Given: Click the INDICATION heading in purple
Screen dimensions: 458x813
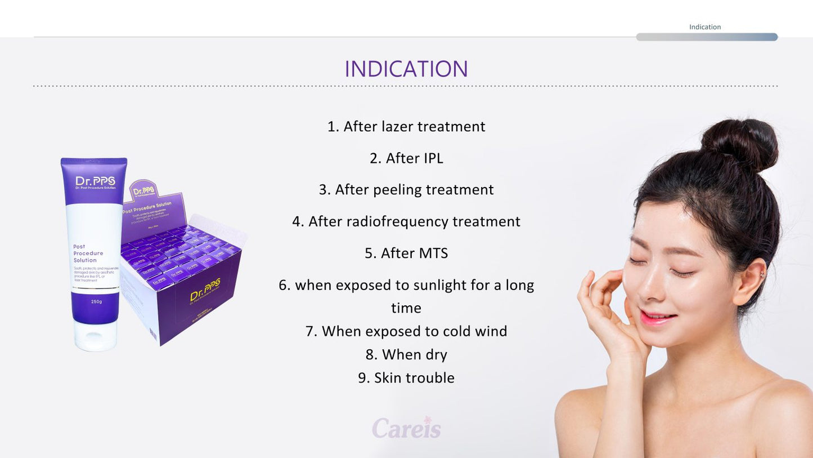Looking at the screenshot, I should click(406, 69).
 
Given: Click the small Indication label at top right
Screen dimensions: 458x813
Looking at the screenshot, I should click(704, 27).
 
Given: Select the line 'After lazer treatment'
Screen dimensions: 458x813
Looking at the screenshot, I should click(406, 126).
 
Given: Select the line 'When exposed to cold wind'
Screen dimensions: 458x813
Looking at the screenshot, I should click(406, 331).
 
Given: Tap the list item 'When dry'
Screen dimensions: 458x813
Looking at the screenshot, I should click(406, 354).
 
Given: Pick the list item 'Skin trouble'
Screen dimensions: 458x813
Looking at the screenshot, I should click(406, 378).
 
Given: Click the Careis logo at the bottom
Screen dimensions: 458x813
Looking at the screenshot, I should click(406, 428).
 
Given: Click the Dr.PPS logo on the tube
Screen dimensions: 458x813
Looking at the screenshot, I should click(95, 181).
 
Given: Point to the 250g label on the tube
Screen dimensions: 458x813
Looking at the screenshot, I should click(96, 301).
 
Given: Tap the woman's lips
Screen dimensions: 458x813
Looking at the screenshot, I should click(658, 318).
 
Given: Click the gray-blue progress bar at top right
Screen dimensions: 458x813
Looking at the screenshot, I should click(707, 37).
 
